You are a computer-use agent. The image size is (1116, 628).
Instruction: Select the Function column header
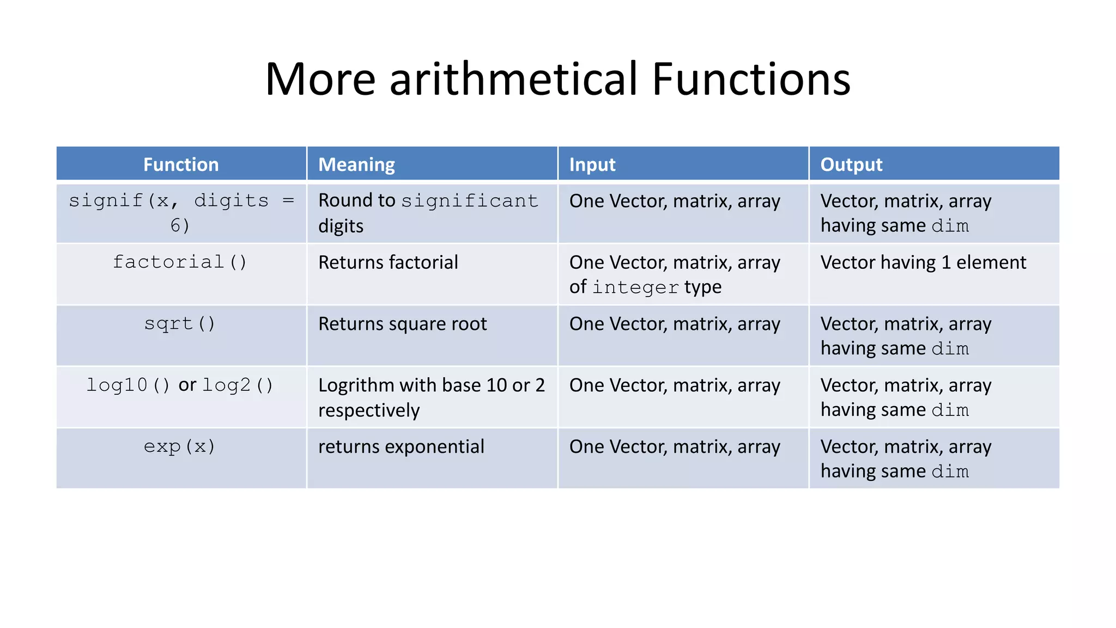(181, 165)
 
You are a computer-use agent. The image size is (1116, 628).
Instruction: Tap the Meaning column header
(356, 165)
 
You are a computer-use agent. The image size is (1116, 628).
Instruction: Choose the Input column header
(592, 165)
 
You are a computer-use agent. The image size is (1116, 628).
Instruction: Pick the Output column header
(851, 165)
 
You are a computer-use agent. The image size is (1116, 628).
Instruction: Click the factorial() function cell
(180, 262)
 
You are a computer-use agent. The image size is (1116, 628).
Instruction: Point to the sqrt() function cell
(180, 324)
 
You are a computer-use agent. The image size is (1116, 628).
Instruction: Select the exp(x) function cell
(180, 446)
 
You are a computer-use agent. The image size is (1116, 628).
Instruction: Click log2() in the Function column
(238, 385)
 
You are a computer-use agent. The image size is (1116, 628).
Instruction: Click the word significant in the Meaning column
(470, 201)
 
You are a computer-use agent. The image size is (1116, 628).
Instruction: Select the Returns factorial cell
(388, 262)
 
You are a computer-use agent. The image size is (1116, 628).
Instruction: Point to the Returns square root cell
(402, 324)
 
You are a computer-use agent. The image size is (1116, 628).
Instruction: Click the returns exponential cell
(401, 446)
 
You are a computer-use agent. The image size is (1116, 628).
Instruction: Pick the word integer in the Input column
(635, 287)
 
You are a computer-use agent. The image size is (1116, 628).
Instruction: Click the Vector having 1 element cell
(923, 262)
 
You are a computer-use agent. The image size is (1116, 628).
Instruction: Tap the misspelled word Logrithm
(356, 385)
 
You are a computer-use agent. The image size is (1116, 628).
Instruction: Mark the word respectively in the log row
(369, 410)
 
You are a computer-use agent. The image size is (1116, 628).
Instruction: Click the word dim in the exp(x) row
(950, 472)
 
